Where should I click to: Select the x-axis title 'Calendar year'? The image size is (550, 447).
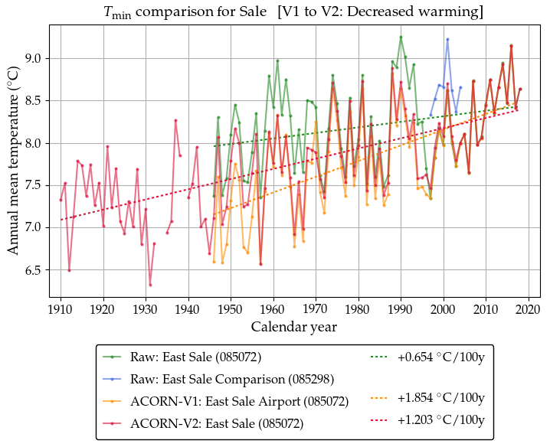[294, 327]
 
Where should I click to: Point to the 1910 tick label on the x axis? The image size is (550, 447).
[61, 310]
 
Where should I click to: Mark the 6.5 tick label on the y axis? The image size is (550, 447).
[34, 270]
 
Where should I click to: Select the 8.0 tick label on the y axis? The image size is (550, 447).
[34, 143]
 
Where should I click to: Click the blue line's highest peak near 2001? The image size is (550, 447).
[447, 39]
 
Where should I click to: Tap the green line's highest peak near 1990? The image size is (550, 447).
[401, 37]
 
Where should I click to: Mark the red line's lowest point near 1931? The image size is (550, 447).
[150, 285]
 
